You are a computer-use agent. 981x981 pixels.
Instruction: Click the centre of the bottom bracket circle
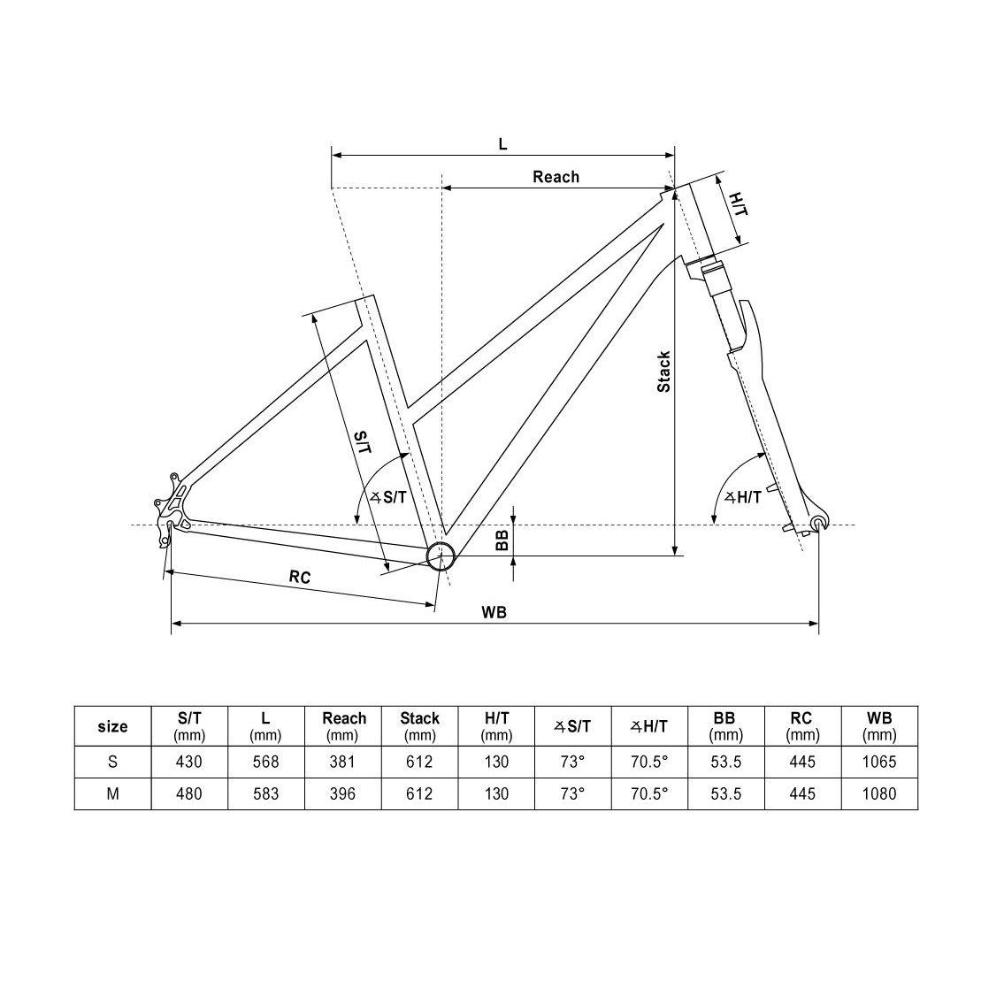(441, 555)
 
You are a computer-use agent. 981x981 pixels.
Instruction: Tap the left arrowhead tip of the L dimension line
(331, 155)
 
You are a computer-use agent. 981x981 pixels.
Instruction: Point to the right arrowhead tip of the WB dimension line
(818, 623)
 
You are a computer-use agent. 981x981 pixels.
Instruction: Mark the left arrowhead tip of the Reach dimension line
(442, 188)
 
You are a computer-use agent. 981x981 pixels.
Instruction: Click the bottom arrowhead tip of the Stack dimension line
(675, 555)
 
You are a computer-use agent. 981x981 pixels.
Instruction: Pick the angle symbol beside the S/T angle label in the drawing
(375, 497)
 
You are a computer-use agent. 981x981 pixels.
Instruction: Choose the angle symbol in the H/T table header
(636, 726)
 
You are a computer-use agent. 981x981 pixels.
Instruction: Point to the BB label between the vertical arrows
(502, 540)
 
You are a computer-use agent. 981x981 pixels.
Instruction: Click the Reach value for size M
(342, 794)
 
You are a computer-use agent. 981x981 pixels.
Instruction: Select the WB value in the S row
(879, 762)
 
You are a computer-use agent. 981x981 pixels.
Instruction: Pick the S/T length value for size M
(189, 794)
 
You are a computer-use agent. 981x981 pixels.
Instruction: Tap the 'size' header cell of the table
(112, 726)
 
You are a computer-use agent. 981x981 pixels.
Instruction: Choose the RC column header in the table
(802, 726)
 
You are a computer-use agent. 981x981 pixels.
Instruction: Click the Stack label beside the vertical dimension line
(663, 372)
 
